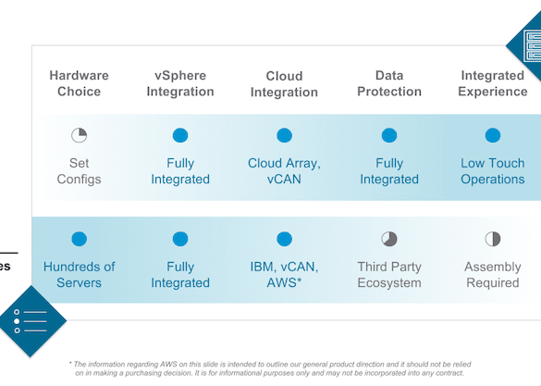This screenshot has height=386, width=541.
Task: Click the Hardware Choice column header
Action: point(79,83)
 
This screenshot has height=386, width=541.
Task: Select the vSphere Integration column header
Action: point(180,83)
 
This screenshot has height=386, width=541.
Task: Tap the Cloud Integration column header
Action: point(284,84)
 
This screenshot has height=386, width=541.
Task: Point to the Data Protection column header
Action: point(389,83)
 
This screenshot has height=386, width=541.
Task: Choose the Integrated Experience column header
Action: point(493,83)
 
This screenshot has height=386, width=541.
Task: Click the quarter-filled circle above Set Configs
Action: point(79,135)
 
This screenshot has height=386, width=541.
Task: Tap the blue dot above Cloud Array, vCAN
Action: point(284,135)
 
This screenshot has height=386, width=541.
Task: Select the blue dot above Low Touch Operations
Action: point(493,135)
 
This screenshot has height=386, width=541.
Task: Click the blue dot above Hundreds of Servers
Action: point(79,239)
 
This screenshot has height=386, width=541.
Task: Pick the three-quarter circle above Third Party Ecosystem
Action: point(389,239)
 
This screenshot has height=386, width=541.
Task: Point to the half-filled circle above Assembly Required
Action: point(493,239)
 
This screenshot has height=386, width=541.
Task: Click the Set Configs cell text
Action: point(79,171)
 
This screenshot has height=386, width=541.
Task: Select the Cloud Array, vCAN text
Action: point(284,171)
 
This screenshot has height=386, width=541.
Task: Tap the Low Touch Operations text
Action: point(493,171)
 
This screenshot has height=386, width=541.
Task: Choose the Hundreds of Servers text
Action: point(79,275)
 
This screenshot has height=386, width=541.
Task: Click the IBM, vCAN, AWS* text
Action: point(284,275)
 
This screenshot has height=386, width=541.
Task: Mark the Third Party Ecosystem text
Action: point(389,275)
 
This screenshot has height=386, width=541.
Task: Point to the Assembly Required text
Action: point(493,275)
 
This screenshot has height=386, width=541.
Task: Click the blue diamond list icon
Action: point(31,321)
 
